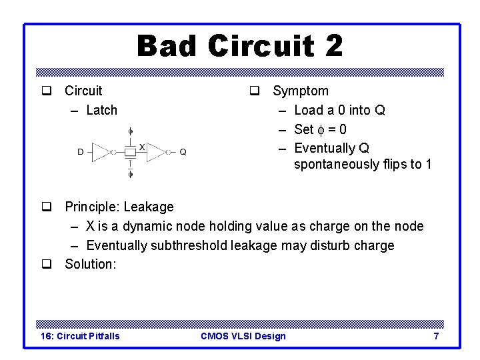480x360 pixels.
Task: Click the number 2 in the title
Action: click(334, 47)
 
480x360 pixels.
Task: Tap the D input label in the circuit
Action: click(80, 152)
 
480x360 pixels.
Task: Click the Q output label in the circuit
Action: click(183, 152)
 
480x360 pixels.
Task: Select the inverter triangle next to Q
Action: click(155, 152)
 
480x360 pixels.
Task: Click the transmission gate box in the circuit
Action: click(130, 152)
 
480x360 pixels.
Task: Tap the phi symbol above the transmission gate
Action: click(130, 131)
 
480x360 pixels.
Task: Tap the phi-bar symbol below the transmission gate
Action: click(130, 173)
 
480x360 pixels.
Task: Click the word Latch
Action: click(101, 110)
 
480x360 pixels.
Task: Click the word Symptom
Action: click(300, 91)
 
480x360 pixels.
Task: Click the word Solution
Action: click(90, 264)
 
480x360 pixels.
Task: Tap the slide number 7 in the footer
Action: click(436, 336)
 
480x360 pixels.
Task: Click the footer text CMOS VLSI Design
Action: click(243, 336)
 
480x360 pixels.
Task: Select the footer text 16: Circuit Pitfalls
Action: click(81, 336)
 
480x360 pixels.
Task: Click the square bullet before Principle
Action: click(46, 207)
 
